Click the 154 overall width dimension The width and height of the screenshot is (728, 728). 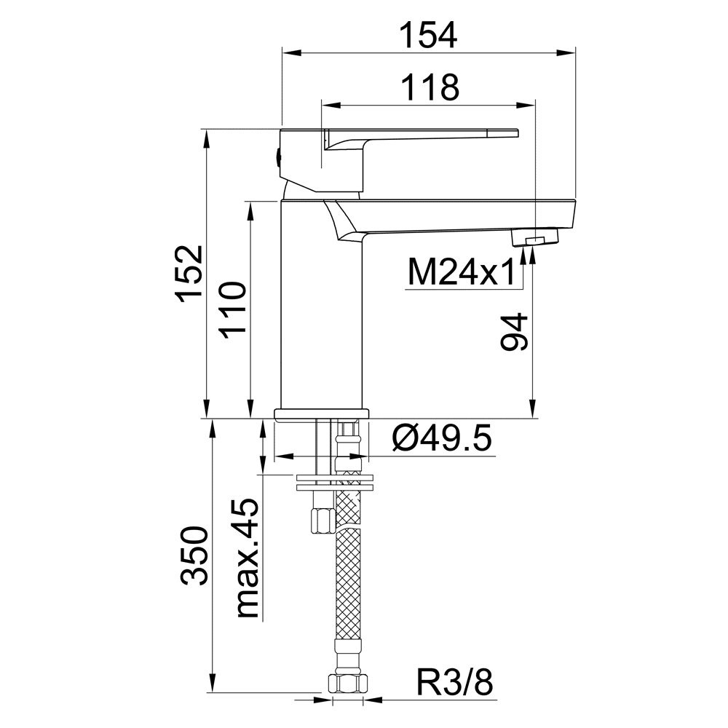429,35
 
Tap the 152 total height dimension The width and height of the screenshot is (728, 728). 190,274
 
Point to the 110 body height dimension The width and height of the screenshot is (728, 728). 232,309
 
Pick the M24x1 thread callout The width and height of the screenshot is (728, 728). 462,272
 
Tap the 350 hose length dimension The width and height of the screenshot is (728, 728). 194,555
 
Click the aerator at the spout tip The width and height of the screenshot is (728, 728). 534,237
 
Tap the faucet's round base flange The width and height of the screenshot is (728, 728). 322,415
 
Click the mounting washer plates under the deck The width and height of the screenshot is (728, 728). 334,482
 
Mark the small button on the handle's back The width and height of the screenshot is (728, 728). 277,158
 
